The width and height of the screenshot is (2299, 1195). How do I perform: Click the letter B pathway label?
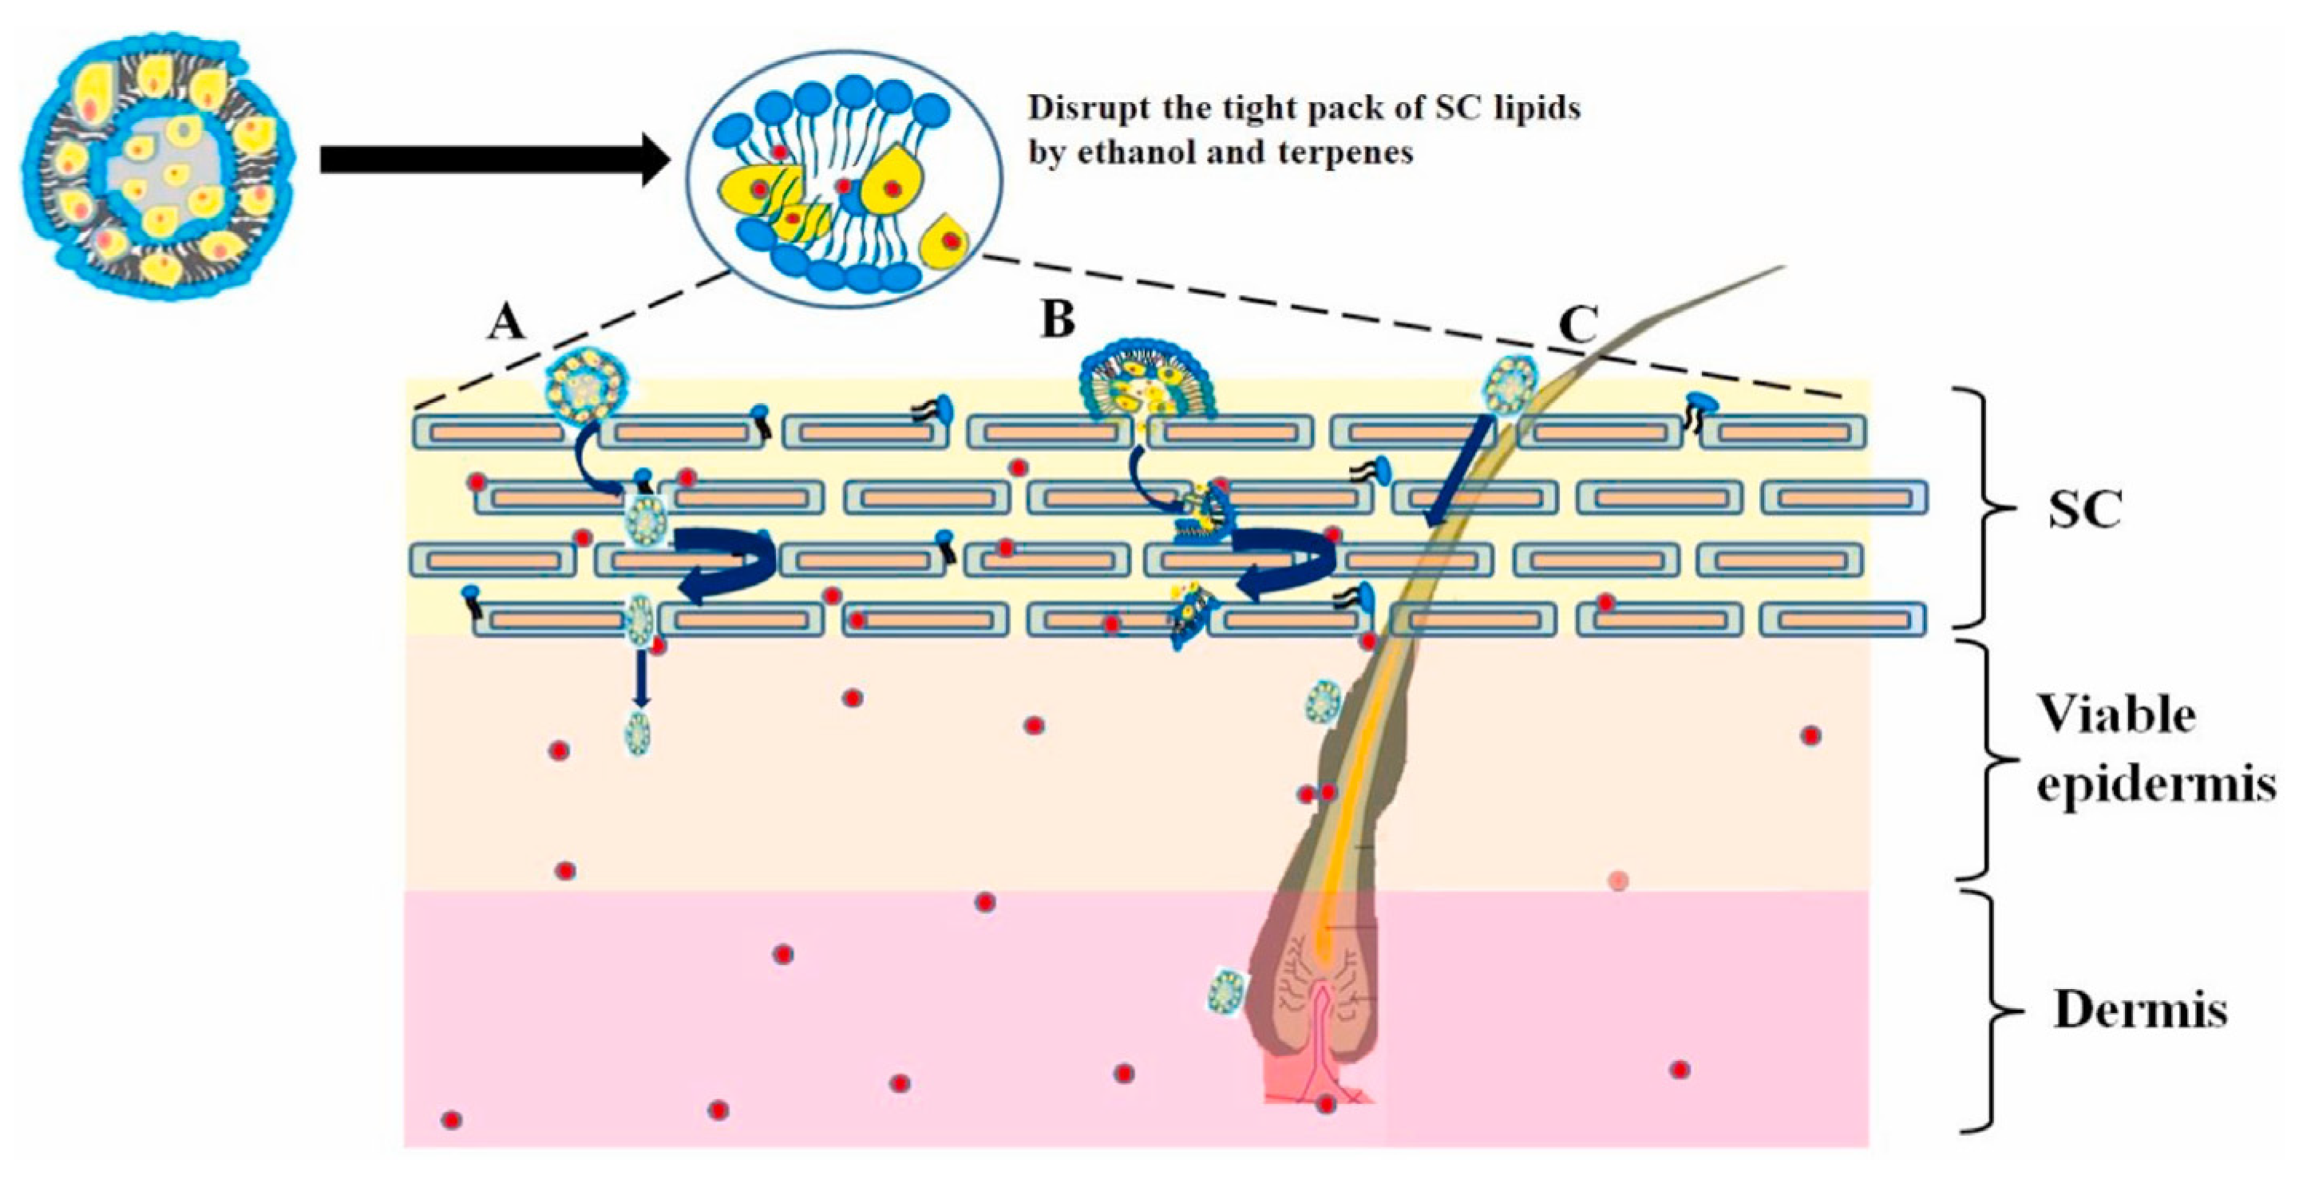pos(1058,319)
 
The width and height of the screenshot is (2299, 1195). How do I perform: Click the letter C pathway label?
pos(1577,326)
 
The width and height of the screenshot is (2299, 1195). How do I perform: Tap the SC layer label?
pos(2085,512)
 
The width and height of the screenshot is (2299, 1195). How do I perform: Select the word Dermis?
pos(2140,1012)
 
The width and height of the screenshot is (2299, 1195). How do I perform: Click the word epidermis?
pos(2155,785)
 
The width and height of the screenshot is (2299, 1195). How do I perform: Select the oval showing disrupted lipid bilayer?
pos(844,179)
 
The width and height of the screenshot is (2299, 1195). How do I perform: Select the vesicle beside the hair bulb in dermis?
pos(1226,991)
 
